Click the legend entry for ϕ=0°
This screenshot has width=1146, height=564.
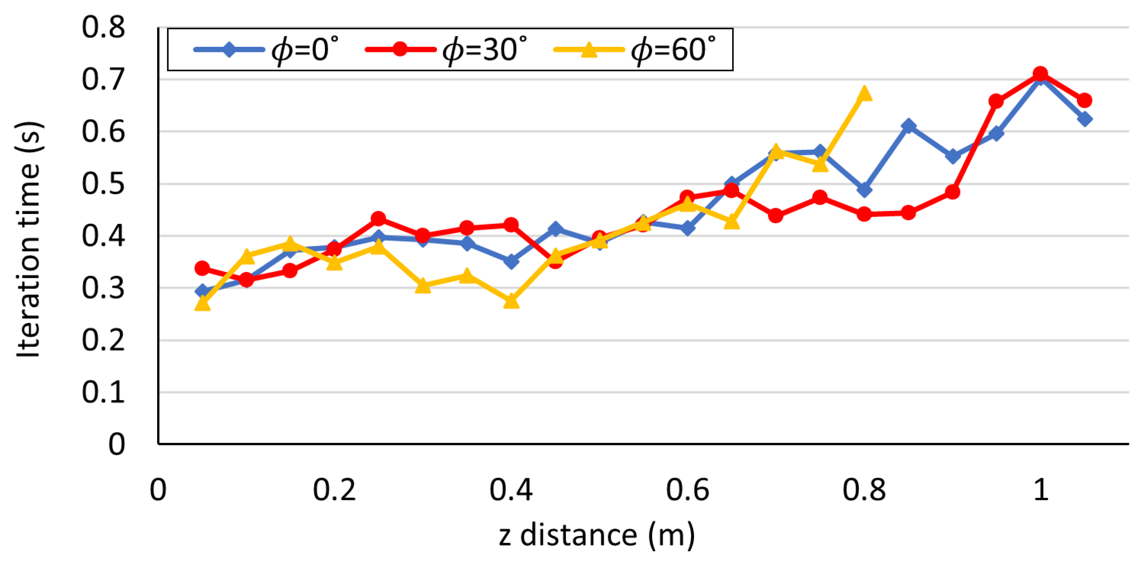click(x=267, y=49)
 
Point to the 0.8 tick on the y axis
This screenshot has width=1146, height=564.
click(x=103, y=27)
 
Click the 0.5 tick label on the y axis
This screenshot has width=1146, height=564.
click(x=103, y=184)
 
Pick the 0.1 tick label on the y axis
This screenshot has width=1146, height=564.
click(x=103, y=393)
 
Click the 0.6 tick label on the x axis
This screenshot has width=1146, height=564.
click(x=687, y=490)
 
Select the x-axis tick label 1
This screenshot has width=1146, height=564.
click(x=1040, y=490)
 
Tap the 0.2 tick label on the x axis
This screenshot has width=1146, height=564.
click(x=334, y=490)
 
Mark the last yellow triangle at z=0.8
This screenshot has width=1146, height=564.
click(x=864, y=94)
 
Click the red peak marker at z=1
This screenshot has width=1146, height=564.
click(x=1040, y=73)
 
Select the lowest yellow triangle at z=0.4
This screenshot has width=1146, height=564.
click(x=511, y=302)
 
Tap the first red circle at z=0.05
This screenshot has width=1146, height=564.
click(x=203, y=268)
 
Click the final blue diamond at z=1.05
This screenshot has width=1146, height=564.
click(x=1085, y=119)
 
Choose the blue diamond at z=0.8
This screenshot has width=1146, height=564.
click(x=864, y=190)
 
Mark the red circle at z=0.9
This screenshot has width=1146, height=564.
click(x=952, y=192)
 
